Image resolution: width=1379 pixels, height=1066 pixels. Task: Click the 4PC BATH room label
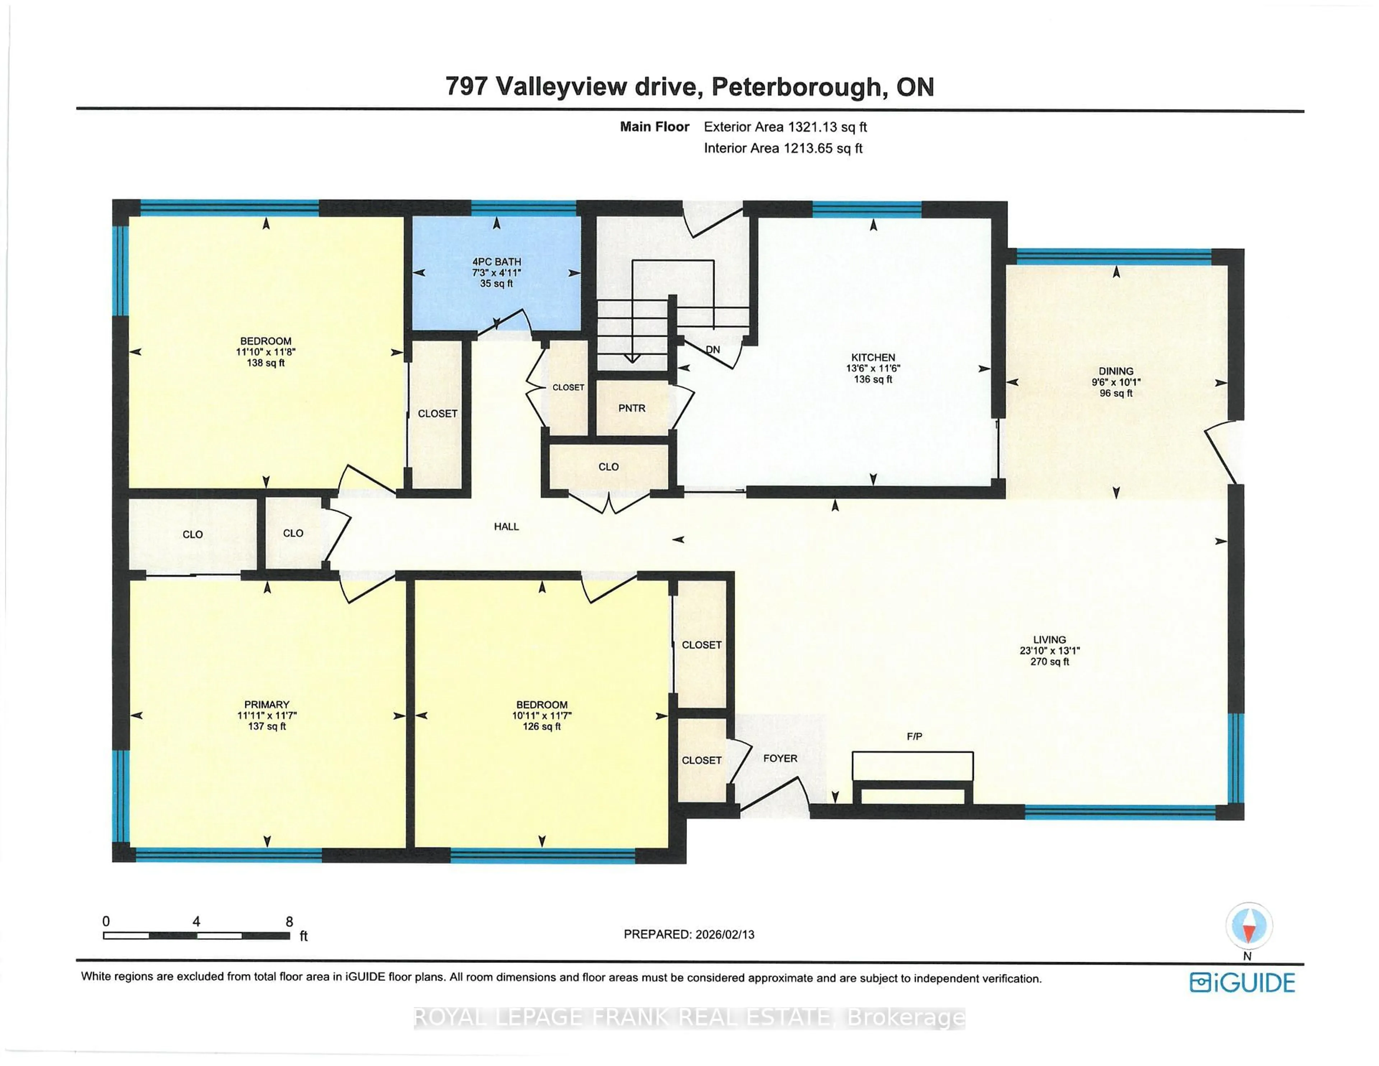(496, 261)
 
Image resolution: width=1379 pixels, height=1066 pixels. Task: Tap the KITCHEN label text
(873, 357)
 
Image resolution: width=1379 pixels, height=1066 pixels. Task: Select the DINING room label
(1116, 371)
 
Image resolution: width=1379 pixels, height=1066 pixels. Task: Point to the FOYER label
(780, 759)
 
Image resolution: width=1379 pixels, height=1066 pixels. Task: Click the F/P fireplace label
(914, 736)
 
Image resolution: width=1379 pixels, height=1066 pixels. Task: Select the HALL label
(506, 527)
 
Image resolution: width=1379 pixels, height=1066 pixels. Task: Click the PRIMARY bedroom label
(266, 705)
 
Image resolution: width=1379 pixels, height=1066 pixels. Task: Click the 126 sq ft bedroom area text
(541, 727)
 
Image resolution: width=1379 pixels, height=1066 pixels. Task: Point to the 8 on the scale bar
(289, 922)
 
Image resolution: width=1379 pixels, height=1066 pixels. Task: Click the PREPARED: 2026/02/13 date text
(689, 935)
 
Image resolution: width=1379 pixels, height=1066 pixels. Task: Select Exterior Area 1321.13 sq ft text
(785, 127)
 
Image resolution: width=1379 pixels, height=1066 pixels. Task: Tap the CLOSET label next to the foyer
(701, 760)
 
